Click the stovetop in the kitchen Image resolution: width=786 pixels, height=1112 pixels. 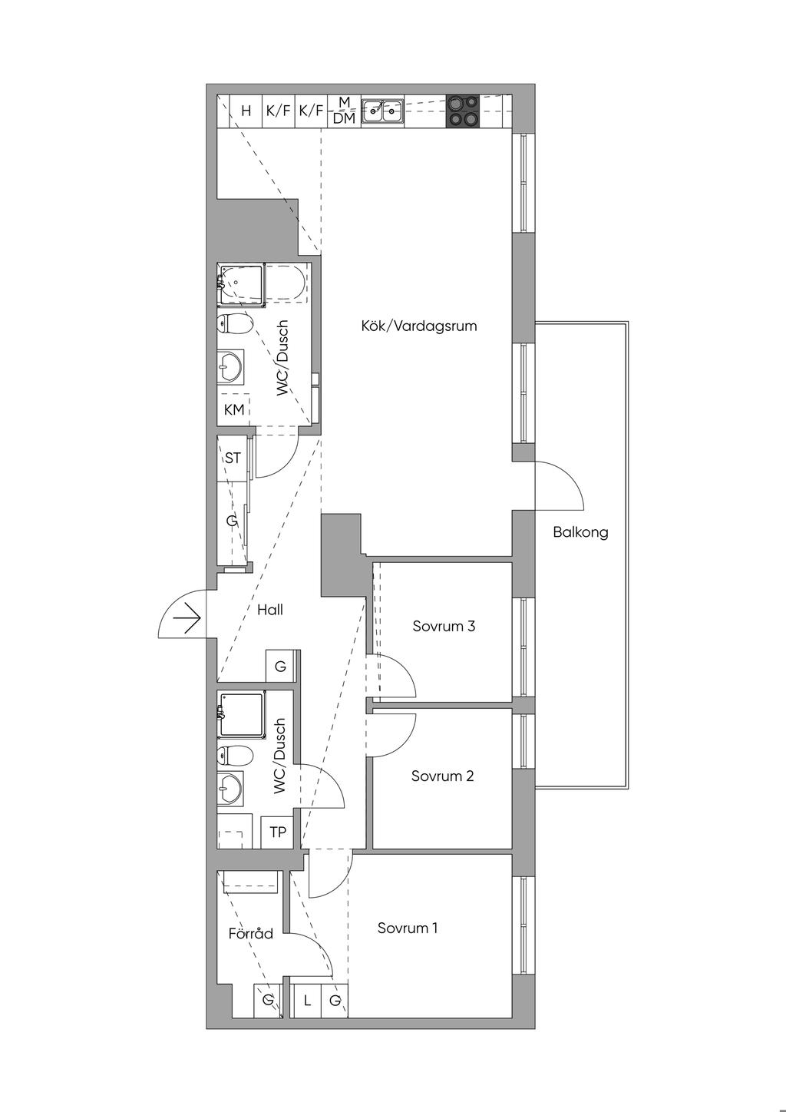[x=463, y=111]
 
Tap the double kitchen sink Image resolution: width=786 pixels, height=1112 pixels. [x=382, y=111]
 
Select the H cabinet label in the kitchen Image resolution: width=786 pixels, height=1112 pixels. [x=246, y=111]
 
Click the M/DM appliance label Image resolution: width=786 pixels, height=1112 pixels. [x=345, y=111]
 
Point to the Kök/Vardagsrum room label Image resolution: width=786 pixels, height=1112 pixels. [x=419, y=326]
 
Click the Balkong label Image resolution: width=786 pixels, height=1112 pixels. [x=580, y=533]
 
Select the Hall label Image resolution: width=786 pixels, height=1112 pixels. [x=270, y=610]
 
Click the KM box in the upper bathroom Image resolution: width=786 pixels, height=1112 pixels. [x=233, y=409]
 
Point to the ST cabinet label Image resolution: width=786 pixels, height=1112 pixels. [x=233, y=458]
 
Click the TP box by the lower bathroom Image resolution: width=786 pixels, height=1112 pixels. [x=278, y=832]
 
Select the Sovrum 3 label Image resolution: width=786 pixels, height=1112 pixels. [x=444, y=626]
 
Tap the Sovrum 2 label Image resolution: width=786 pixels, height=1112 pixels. [x=443, y=776]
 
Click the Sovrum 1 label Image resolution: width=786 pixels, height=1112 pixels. [x=408, y=928]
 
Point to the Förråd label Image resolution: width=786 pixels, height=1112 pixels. [x=250, y=933]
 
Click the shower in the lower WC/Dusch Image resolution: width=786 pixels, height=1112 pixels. [x=241, y=716]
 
